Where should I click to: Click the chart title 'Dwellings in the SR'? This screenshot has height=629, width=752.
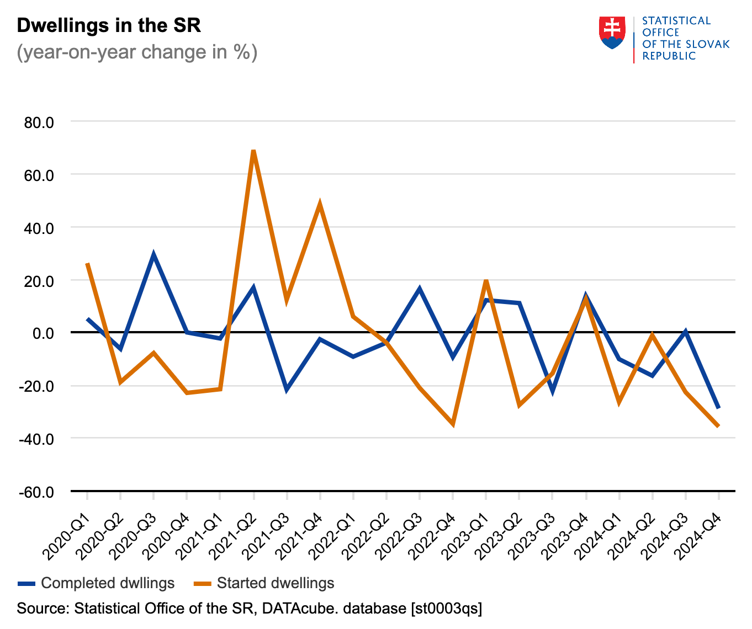[109, 25]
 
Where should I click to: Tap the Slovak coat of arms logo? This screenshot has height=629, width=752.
[612, 33]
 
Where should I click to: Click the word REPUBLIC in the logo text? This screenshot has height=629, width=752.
[669, 56]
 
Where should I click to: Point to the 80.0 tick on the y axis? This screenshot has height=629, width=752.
[39, 122]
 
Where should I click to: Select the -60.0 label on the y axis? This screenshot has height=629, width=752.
[36, 492]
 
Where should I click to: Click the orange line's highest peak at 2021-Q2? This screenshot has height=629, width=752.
[253, 151]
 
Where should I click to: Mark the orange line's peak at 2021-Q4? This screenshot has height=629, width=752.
[320, 204]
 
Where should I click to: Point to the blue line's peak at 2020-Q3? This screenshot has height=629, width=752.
[153, 254]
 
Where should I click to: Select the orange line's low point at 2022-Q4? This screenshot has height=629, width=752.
[453, 424]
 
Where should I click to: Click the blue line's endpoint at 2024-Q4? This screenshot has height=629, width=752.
[718, 408]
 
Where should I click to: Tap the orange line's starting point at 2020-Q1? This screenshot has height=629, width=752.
[87, 264]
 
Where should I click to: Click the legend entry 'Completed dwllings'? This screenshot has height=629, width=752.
[107, 583]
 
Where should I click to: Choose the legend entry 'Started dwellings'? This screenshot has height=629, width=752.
[275, 583]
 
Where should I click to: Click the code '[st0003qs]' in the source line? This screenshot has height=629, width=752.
[446, 609]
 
